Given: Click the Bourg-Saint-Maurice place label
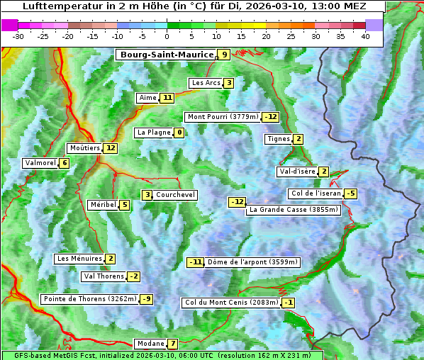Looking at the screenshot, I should tap(167, 55).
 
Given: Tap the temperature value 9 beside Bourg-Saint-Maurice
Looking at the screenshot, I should tap(224, 55).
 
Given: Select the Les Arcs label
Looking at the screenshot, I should tap(206, 83).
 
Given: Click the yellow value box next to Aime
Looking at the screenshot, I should tap(167, 98).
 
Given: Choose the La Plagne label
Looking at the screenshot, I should tap(151, 133).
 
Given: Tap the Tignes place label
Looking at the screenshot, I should tap(279, 139).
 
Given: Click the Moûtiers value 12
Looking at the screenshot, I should tap(110, 148).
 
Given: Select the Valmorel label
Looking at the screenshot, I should tap(40, 163).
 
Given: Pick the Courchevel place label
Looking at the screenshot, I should tap(176, 195).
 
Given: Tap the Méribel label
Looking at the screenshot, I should tap(103, 205).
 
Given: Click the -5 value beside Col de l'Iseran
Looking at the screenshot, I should tap(350, 193).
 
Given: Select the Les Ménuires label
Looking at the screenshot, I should tap(79, 259).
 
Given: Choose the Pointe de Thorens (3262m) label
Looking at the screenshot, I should tap(89, 299).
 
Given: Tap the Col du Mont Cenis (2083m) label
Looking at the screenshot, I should tap(231, 303).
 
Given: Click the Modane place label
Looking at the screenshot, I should tap(151, 344).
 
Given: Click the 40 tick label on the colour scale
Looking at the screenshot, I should tap(365, 35).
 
